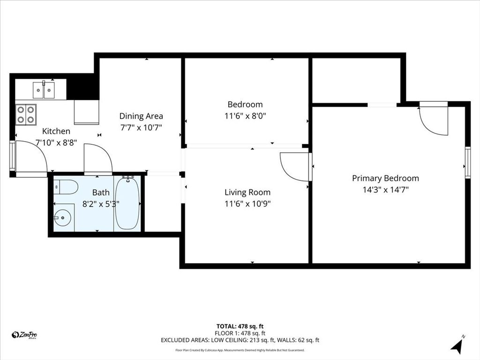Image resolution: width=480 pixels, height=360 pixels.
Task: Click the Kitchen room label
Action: click(56, 131)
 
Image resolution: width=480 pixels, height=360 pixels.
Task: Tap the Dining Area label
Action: click(141, 116)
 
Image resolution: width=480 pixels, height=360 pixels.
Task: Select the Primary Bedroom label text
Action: click(385, 178)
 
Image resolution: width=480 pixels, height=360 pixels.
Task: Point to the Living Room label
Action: click(247, 192)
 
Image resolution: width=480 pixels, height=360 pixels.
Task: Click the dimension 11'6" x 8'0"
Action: click(247, 116)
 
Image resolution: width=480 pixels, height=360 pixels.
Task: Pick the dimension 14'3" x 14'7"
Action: click(385, 190)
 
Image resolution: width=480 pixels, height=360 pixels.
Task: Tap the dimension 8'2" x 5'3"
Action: click(101, 204)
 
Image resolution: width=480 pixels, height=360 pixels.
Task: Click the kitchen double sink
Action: click(44, 90)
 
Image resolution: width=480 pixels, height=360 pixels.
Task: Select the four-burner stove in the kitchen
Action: click(26, 114)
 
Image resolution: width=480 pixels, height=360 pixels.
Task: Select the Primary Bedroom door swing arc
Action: click(434, 121)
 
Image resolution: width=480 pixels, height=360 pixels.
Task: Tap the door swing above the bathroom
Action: click(98, 159)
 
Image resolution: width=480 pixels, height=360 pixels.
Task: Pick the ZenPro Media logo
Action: click(24, 335)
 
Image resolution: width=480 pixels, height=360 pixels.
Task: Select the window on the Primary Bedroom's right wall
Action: click(467, 163)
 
